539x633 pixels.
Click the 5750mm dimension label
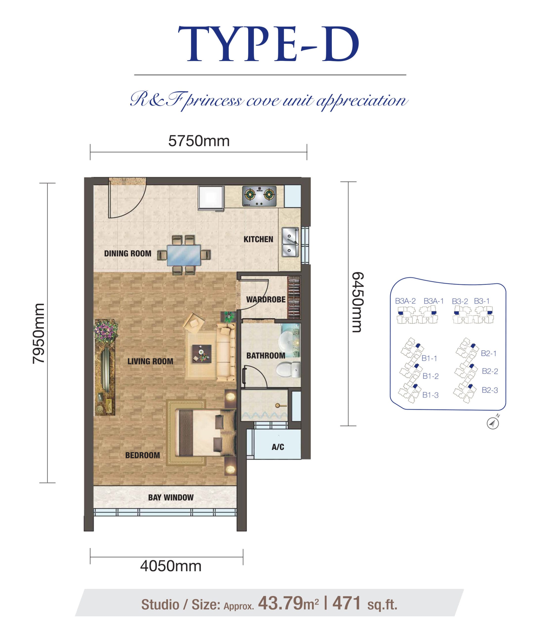pyautogui.click(x=199, y=141)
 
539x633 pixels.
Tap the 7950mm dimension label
pyautogui.click(x=39, y=334)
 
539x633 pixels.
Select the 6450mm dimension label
pyautogui.click(x=357, y=302)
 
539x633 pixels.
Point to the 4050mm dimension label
pyautogui.click(x=171, y=566)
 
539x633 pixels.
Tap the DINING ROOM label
pyautogui.click(x=128, y=253)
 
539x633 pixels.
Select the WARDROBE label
pyautogui.click(x=266, y=299)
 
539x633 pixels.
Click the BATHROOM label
pyautogui.click(x=266, y=356)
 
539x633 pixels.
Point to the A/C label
pyautogui.click(x=278, y=447)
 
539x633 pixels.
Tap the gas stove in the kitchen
pyautogui.click(x=259, y=196)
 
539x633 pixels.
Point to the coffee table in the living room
pyautogui.click(x=201, y=354)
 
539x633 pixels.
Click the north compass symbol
pyautogui.click(x=493, y=423)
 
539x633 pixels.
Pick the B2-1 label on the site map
pyautogui.click(x=489, y=353)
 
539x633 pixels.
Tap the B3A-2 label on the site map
pyautogui.click(x=405, y=301)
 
